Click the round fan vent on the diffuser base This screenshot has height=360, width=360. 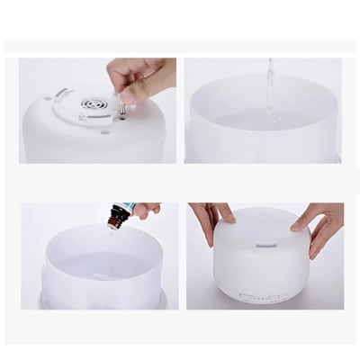click(x=94, y=103)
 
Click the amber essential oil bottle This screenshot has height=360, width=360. click(x=116, y=216)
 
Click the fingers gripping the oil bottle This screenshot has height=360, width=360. click(x=144, y=210)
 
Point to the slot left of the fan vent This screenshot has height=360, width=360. click(x=62, y=94)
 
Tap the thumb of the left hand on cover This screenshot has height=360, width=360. click(x=225, y=216)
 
